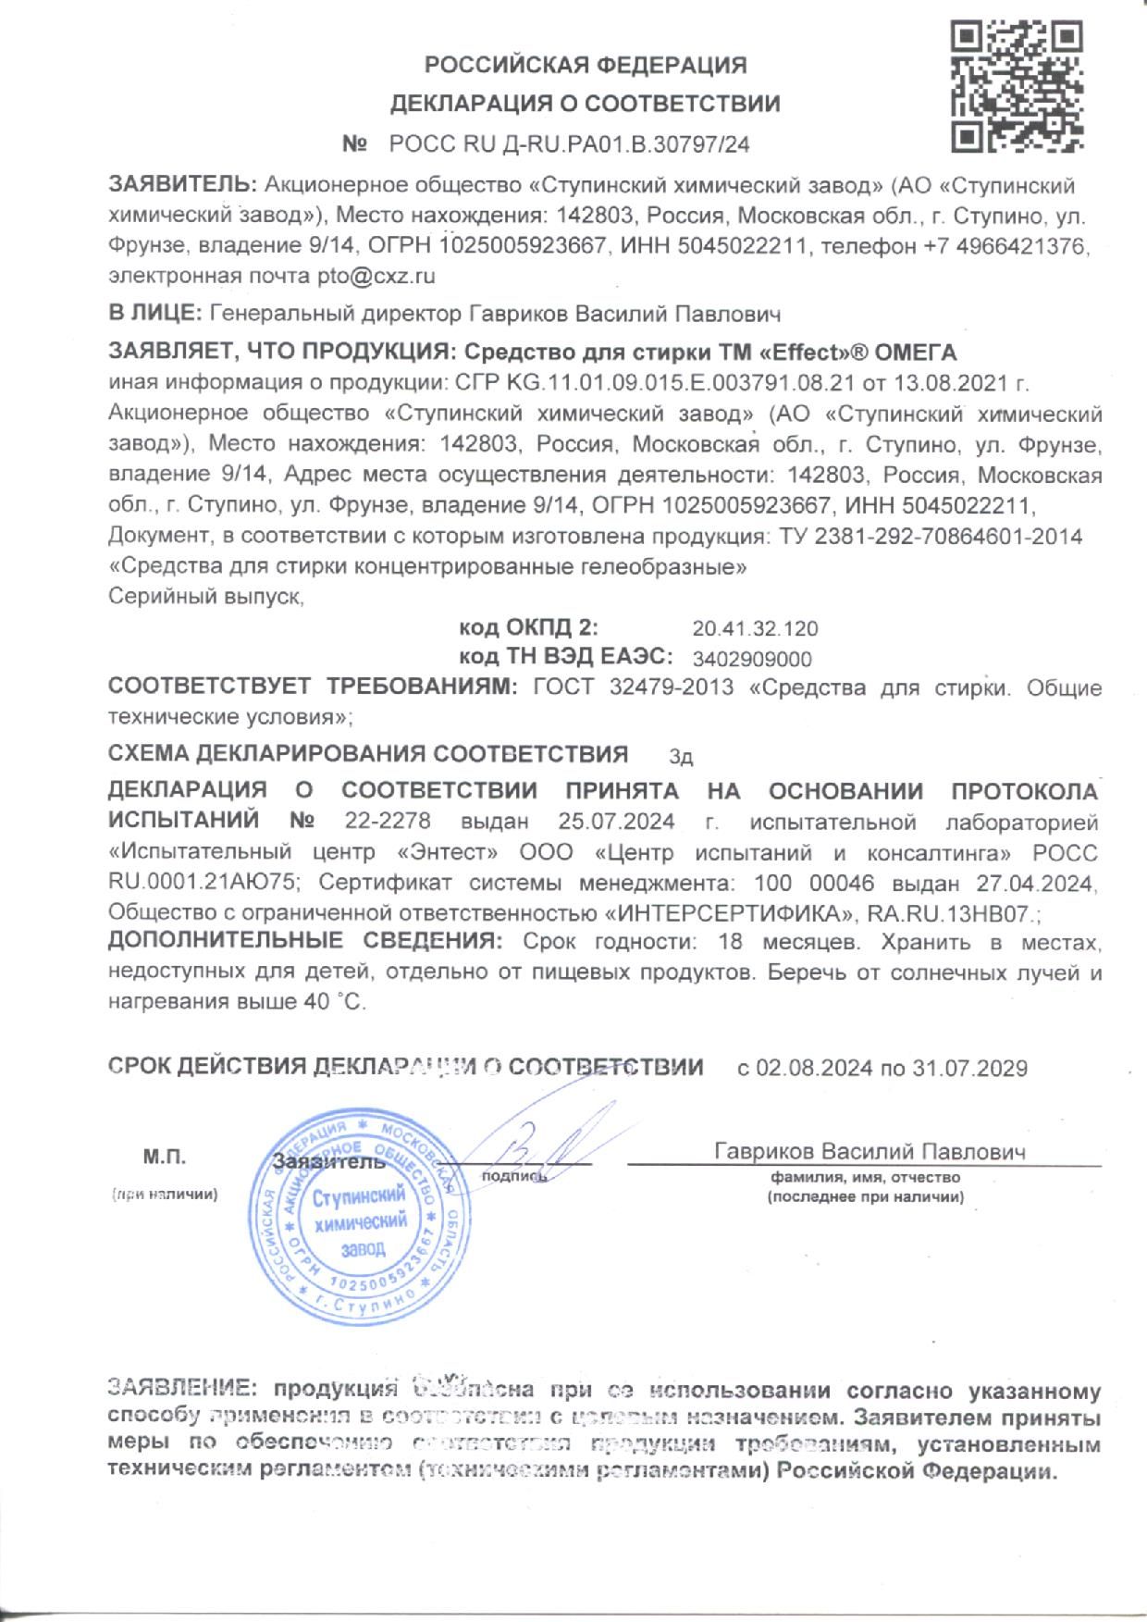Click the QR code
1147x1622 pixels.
[x=1017, y=87]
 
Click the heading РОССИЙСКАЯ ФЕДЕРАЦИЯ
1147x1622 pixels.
[x=585, y=65]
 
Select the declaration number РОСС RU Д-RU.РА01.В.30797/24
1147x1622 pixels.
[x=569, y=144]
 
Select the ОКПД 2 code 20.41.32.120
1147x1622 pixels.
[x=755, y=629]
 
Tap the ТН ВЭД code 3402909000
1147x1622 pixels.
[x=752, y=659]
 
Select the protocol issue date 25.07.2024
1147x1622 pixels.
[x=616, y=821]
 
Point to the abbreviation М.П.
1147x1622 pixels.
[x=165, y=1158]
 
